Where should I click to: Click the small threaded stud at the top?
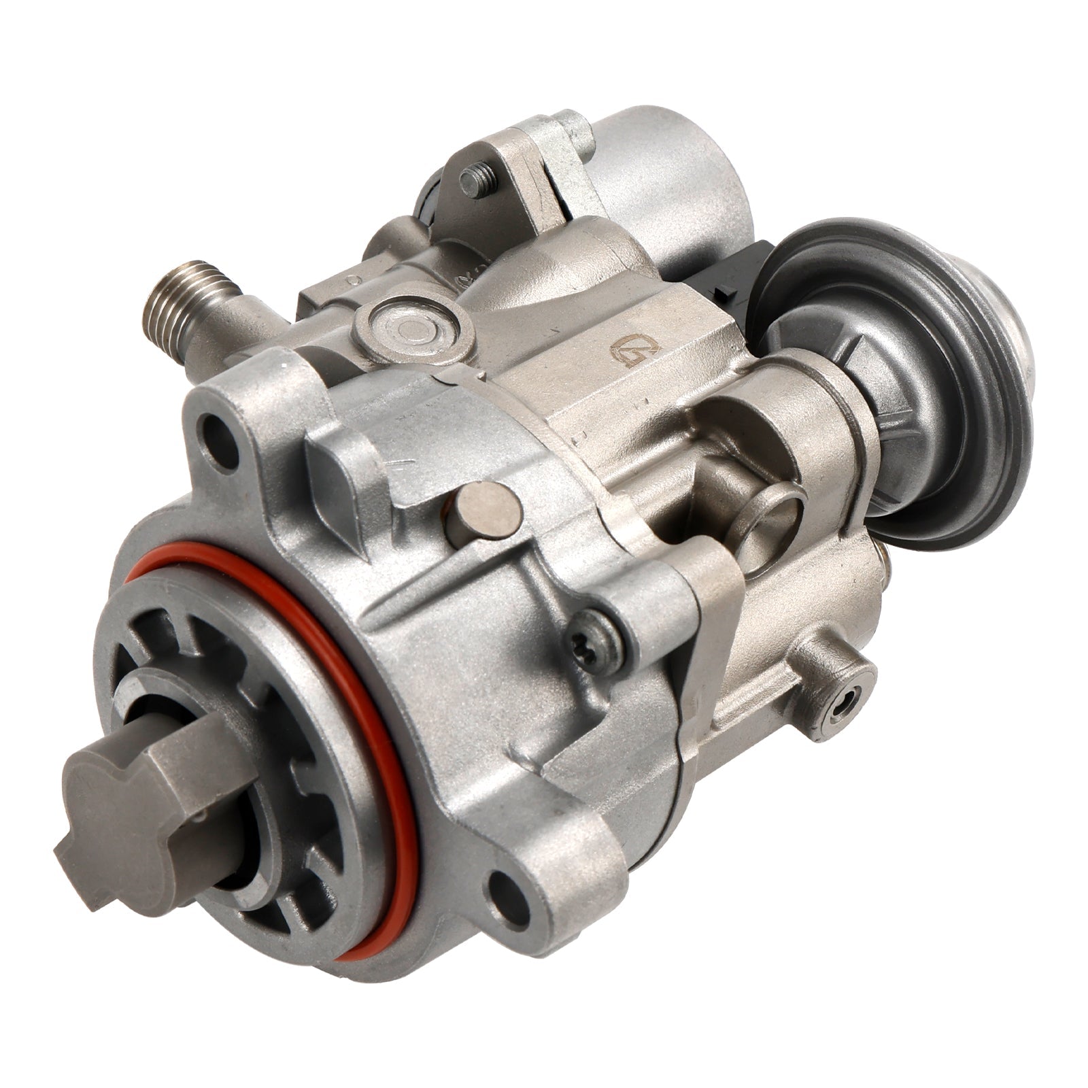coord(476,180)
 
